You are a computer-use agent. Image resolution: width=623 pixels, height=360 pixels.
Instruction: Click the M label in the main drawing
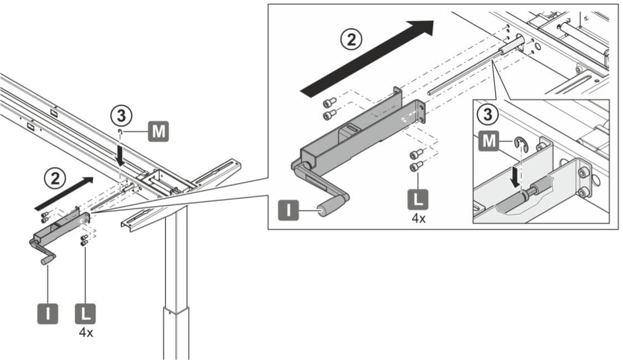click(x=158, y=132)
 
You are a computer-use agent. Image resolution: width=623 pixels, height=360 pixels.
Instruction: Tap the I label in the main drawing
click(x=47, y=313)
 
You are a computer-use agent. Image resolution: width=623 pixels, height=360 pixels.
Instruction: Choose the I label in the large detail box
click(x=289, y=210)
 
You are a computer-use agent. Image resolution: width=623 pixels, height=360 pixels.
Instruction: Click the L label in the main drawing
click(x=85, y=313)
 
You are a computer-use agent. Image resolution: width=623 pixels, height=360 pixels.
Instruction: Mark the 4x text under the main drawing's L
click(x=85, y=333)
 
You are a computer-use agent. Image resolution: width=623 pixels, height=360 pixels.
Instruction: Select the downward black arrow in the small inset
click(x=516, y=177)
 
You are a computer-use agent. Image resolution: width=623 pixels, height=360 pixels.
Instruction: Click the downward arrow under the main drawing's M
click(x=120, y=155)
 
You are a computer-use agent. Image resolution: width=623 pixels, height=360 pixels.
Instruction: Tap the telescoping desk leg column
click(x=176, y=288)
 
